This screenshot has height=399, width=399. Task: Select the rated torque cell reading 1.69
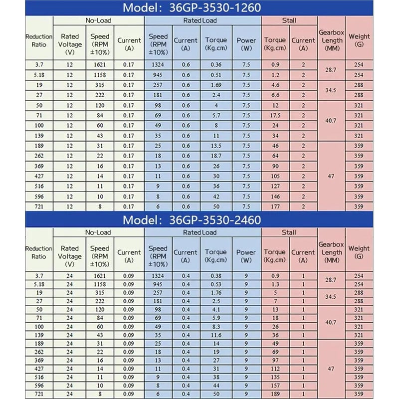pyautogui.click(x=216, y=85)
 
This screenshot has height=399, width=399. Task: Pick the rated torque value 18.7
pyautogui.click(x=216, y=156)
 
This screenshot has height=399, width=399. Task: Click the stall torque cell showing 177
pyautogui.click(x=275, y=206)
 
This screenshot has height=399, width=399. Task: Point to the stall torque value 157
pyautogui.click(x=275, y=386)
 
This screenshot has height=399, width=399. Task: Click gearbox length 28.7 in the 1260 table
pyautogui.click(x=332, y=70)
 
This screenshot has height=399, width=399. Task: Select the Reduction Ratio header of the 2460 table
pyautogui.click(x=38, y=252)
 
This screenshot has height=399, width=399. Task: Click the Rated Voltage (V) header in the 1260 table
pyautogui.click(x=69, y=40)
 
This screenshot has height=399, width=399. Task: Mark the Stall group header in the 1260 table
pyautogui.click(x=289, y=20)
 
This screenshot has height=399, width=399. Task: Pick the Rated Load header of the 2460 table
pyautogui.click(x=202, y=232)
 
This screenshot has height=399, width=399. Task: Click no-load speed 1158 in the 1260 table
pyautogui.click(x=100, y=75)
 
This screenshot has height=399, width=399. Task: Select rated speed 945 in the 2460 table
pyautogui.click(x=158, y=284)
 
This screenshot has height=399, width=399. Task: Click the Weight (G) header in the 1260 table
pyautogui.click(x=359, y=40)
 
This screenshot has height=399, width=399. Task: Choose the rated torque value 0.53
pyautogui.click(x=216, y=284)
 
